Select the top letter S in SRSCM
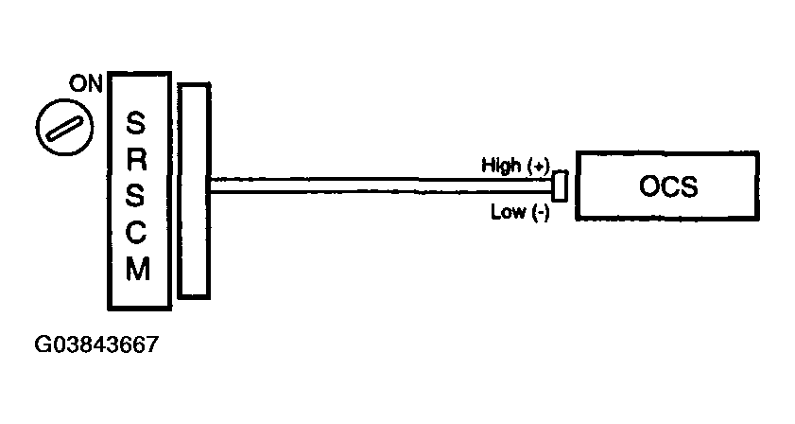pyautogui.click(x=137, y=123)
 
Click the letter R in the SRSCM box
pyautogui.click(x=137, y=159)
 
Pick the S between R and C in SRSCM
pyautogui.click(x=137, y=196)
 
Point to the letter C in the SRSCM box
pyautogui.click(x=137, y=233)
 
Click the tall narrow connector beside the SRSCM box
pyautogui.click(x=193, y=189)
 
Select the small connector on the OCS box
pyautogui.click(x=560, y=186)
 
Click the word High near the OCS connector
pyautogui.click(x=501, y=165)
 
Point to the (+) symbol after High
pyautogui.click(x=538, y=165)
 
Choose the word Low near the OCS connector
pyautogui.click(x=508, y=211)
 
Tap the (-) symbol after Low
pyautogui.click(x=540, y=211)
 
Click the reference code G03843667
pyautogui.click(x=95, y=344)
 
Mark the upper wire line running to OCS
pyautogui.click(x=378, y=178)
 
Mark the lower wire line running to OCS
pyautogui.click(x=378, y=193)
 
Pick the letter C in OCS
pyautogui.click(x=669, y=186)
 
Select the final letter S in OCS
pyautogui.click(x=689, y=186)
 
